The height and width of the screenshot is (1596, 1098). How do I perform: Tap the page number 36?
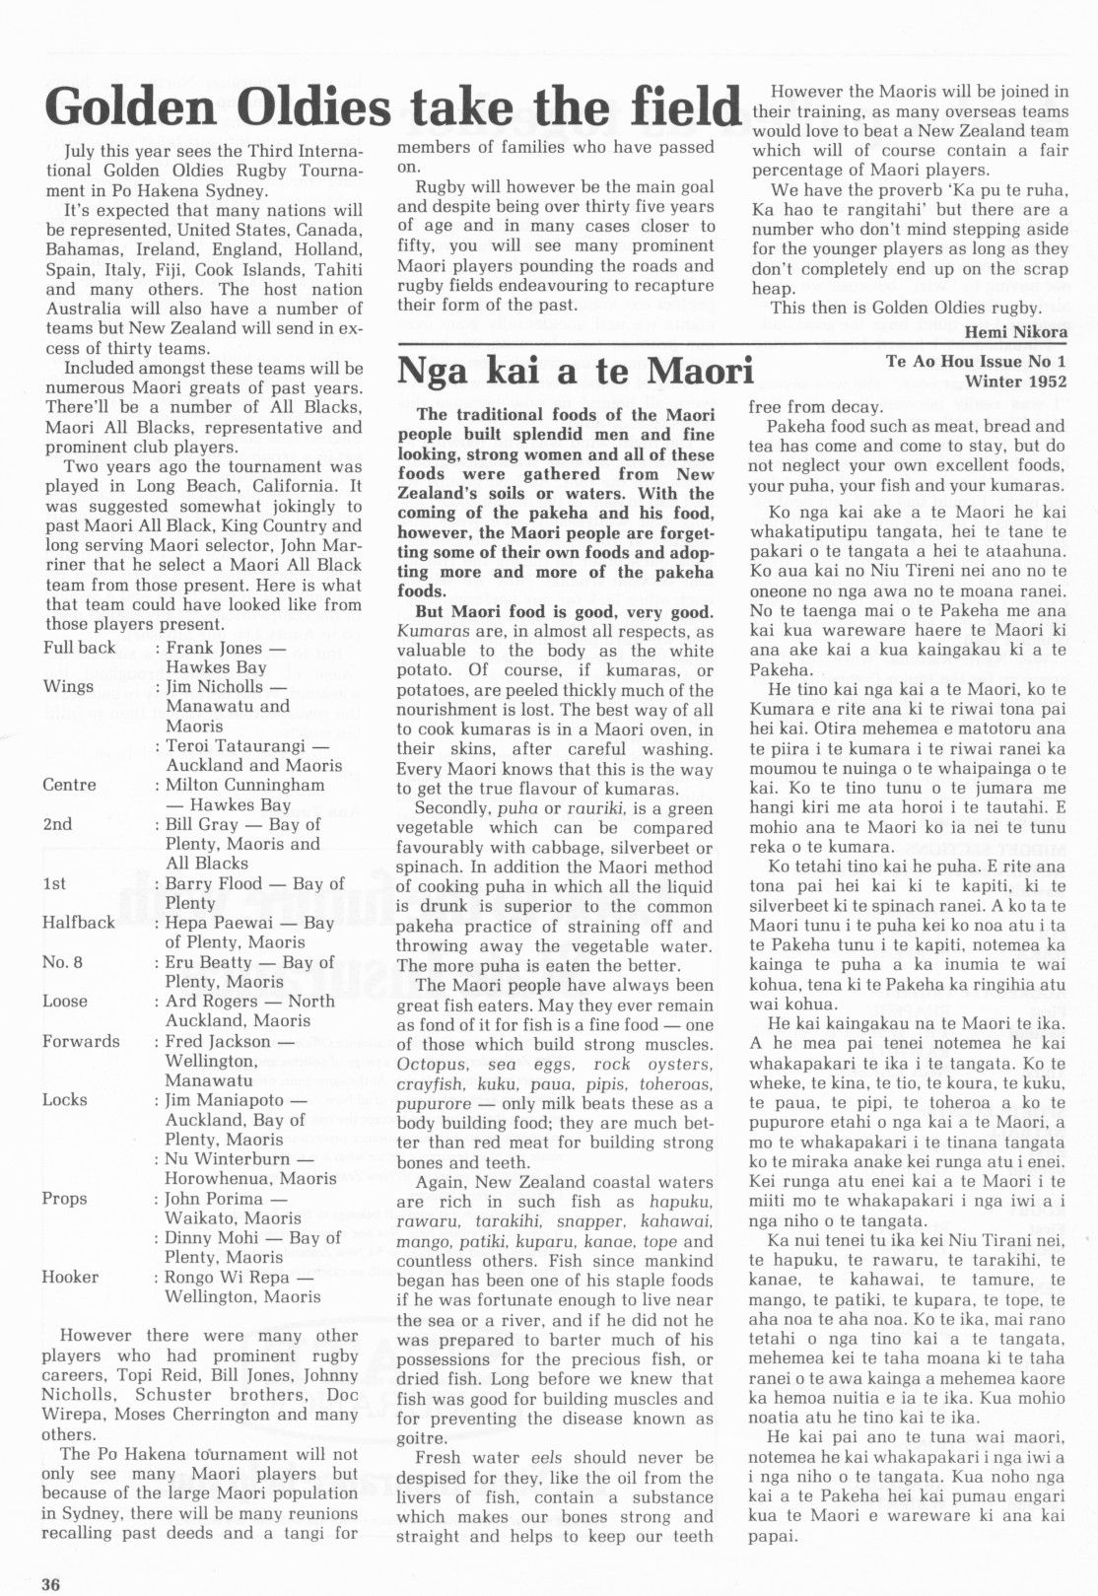pyautogui.click(x=51, y=1584)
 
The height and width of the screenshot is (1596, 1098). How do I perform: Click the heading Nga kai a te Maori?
pyautogui.click(x=575, y=371)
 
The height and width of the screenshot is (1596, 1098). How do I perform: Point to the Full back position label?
pyautogui.click(x=79, y=648)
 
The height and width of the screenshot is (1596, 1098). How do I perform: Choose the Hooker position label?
pyautogui.click(x=70, y=1277)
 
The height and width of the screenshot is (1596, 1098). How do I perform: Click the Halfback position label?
pyautogui.click(x=78, y=923)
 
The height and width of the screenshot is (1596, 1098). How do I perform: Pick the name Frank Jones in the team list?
pyautogui.click(x=214, y=648)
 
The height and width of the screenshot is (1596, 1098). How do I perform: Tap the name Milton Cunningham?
pyautogui.click(x=244, y=785)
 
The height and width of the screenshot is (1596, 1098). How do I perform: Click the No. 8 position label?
pyautogui.click(x=62, y=962)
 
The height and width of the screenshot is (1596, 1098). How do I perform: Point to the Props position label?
pyautogui.click(x=64, y=1199)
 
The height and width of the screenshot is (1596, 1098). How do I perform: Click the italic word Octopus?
pyautogui.click(x=430, y=1065)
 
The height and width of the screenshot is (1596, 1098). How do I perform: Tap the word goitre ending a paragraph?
pyautogui.click(x=421, y=1438)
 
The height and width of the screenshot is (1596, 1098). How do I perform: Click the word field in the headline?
pyautogui.click(x=671, y=105)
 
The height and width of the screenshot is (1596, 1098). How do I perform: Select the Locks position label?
pyautogui.click(x=64, y=1100)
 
